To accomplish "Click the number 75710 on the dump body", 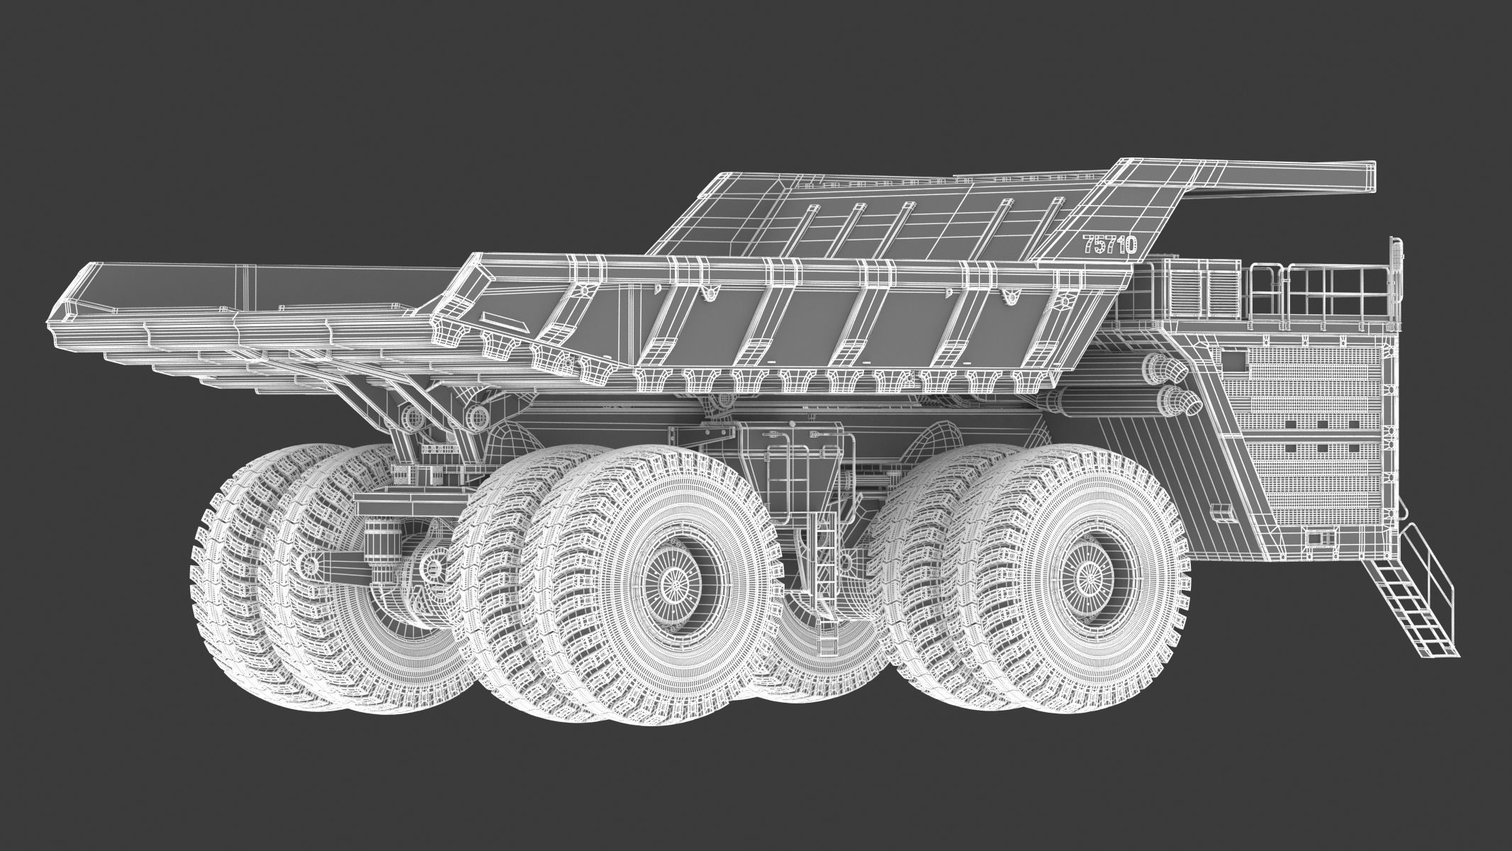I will [1109, 245].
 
